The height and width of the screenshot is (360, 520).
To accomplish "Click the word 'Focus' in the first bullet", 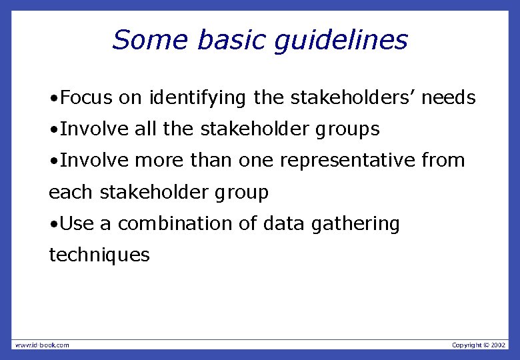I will pyautogui.click(x=87, y=98).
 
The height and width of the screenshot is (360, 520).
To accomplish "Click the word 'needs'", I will pyautogui.click(x=449, y=98).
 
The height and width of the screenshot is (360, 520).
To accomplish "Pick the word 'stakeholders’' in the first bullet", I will pyautogui.click(x=353, y=98).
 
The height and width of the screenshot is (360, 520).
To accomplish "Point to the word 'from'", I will pyautogui.click(x=444, y=161).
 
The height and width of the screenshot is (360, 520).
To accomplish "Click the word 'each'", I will pyautogui.click(x=71, y=193).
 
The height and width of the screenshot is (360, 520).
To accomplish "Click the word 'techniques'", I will pyautogui.click(x=99, y=255).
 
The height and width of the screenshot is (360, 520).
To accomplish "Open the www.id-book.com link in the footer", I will pyautogui.click(x=42, y=345).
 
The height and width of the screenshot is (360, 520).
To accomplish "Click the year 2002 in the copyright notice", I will pyautogui.click(x=498, y=345).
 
